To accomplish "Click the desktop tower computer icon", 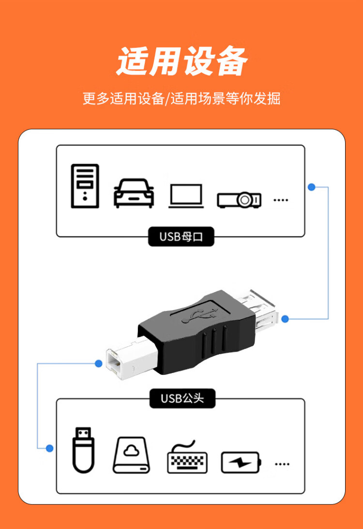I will pos(85,186).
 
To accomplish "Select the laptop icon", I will pos(186,196).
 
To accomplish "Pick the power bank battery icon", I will pos(241,462).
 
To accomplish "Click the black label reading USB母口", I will pos(181,237).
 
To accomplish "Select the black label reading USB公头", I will pos(181,399).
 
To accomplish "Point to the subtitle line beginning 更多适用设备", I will pos(181,98).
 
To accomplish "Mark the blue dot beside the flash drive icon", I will pos(49,449).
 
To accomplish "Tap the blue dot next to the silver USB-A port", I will pos(285,319).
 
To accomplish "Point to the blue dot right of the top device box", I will pos(312,187).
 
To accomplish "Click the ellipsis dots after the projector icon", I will pos(281,200).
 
